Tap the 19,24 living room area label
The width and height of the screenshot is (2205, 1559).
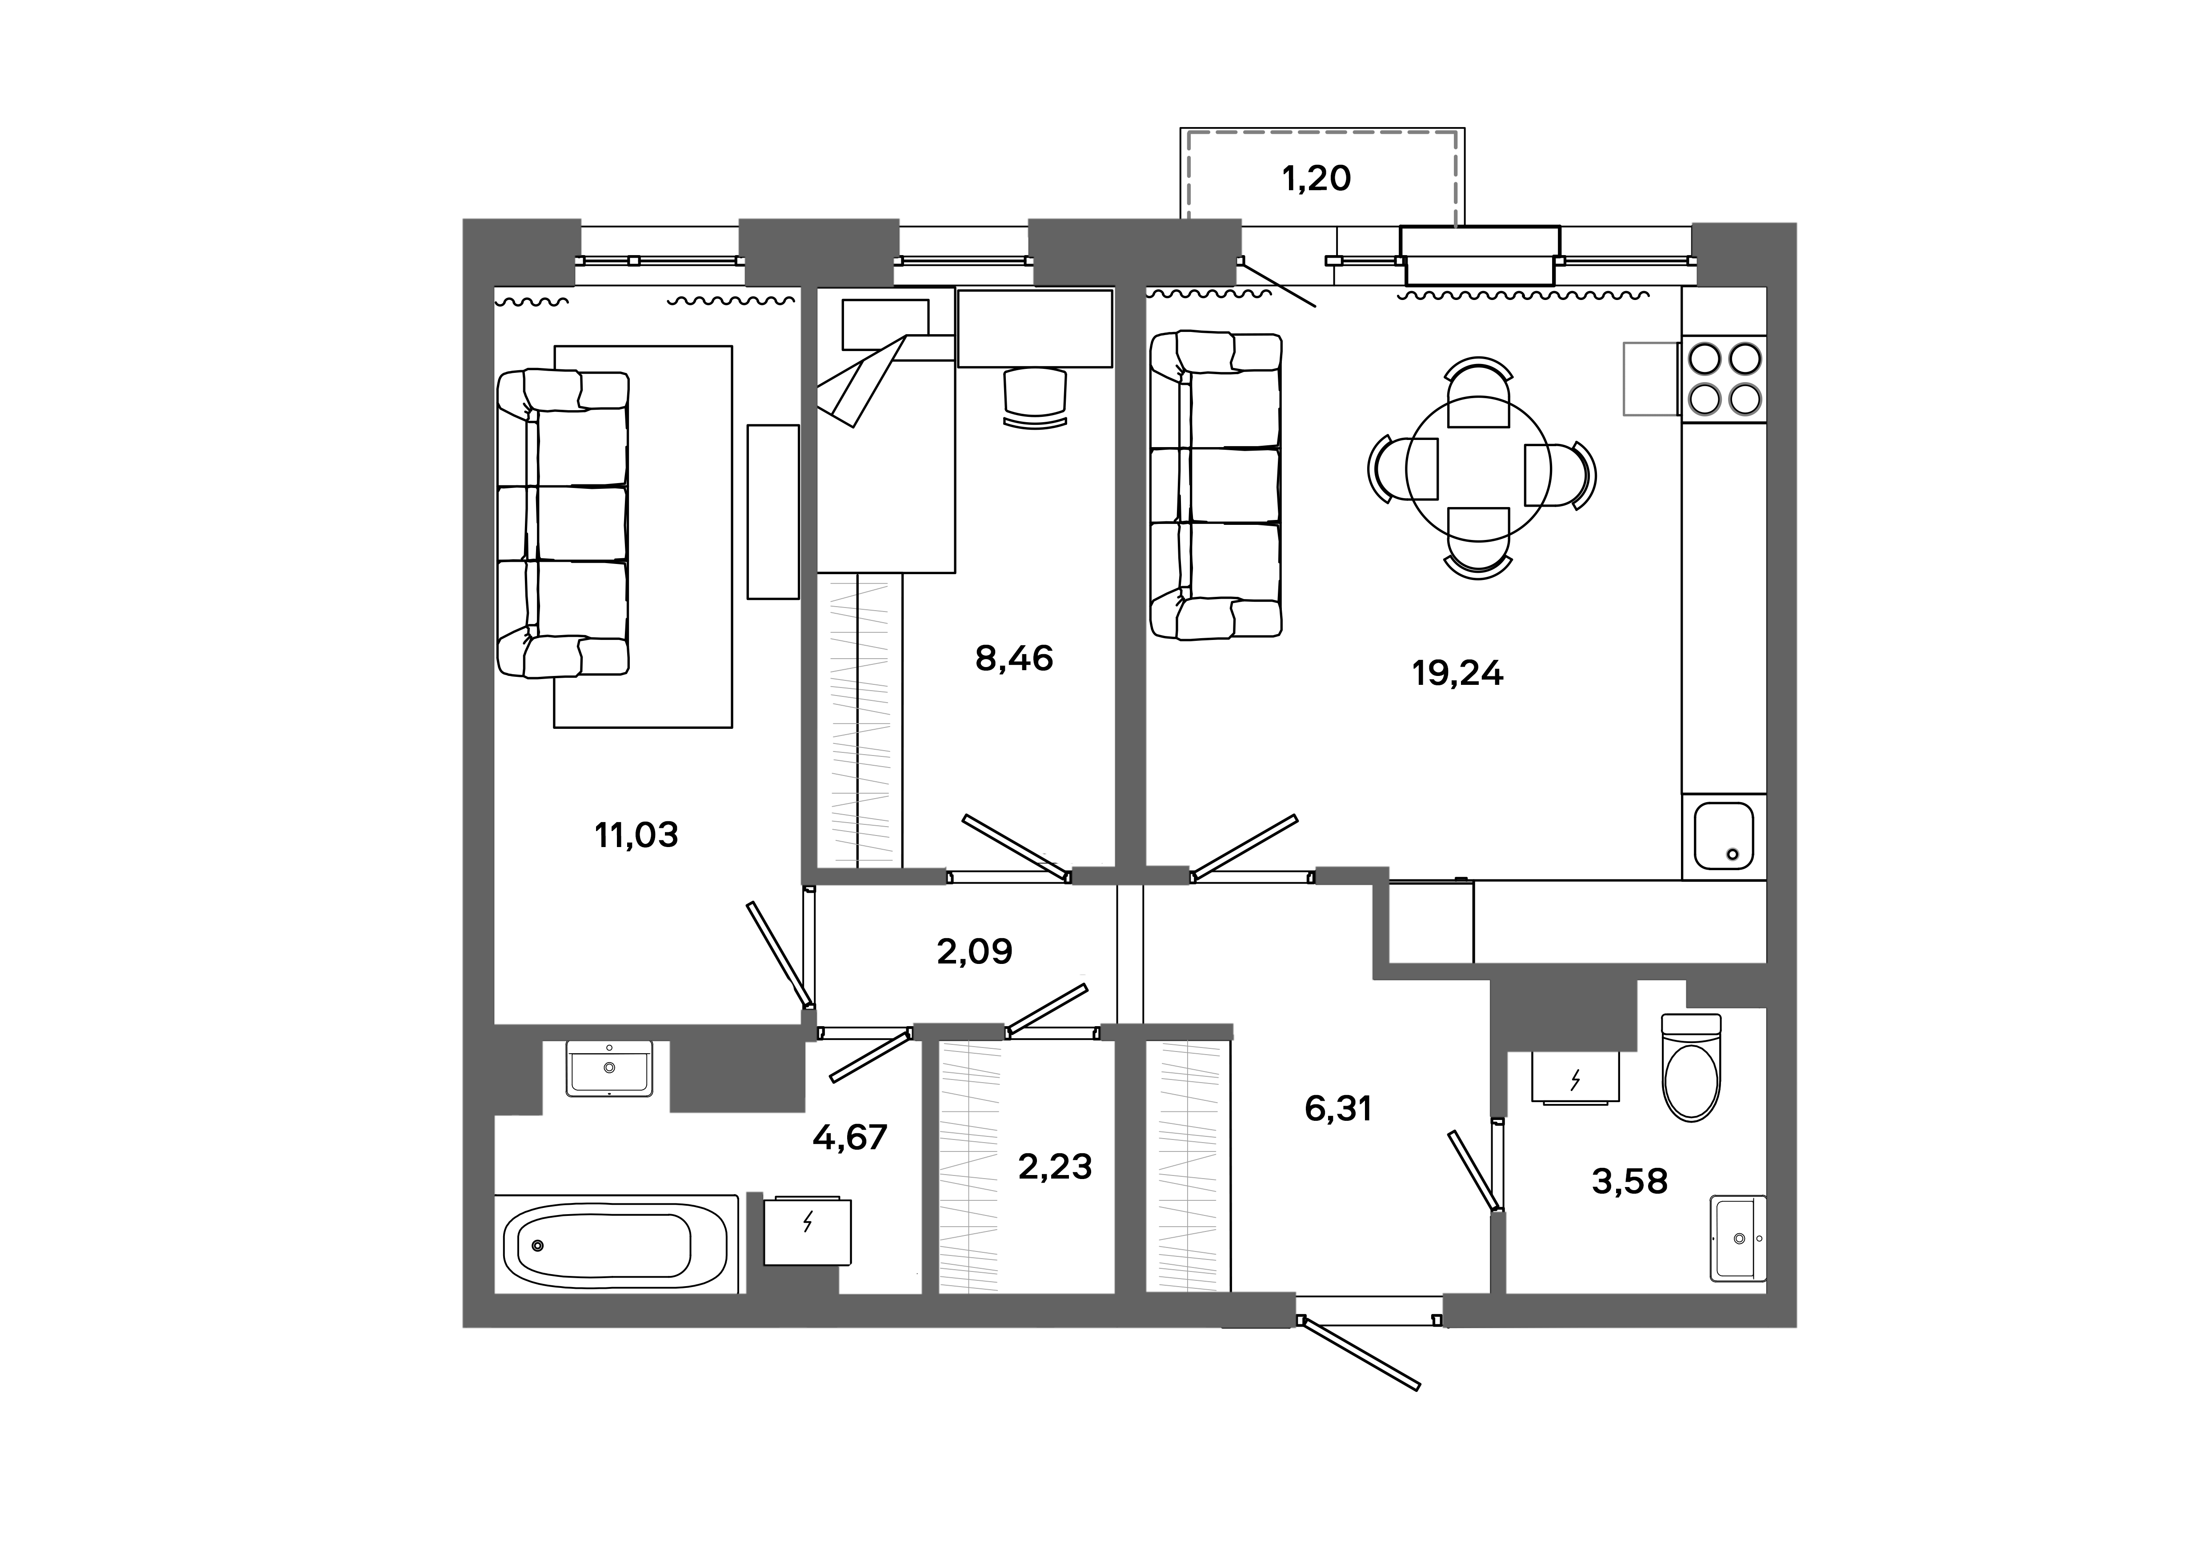(x=1457, y=674)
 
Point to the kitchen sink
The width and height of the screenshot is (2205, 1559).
(x=1724, y=835)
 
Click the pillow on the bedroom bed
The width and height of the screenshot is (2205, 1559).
(x=884, y=324)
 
